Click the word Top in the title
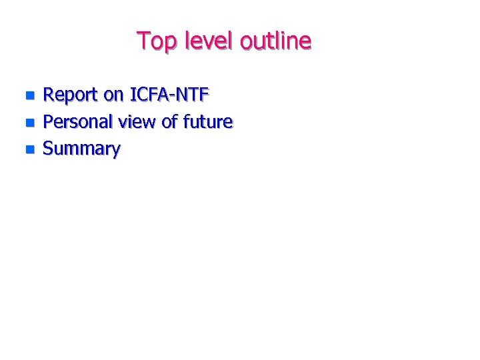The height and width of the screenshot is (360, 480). coord(154,42)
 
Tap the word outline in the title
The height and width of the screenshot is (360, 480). coord(275,41)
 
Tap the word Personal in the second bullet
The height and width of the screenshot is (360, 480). coord(77,122)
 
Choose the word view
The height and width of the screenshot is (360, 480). coord(137,122)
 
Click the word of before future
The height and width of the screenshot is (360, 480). coord(170,122)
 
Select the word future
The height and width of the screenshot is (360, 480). coord(207,122)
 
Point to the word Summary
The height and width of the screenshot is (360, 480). coord(81,149)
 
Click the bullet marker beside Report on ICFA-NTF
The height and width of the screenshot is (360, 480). coord(29,96)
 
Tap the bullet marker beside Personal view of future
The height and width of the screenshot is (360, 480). coord(29,123)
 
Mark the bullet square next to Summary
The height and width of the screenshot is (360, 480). coord(29,149)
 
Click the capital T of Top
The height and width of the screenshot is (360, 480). coord(143,41)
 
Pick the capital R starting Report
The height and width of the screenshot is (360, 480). coord(49,95)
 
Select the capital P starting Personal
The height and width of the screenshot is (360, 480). coord(48,122)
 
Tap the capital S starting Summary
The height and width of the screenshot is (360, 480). coord(48,149)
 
